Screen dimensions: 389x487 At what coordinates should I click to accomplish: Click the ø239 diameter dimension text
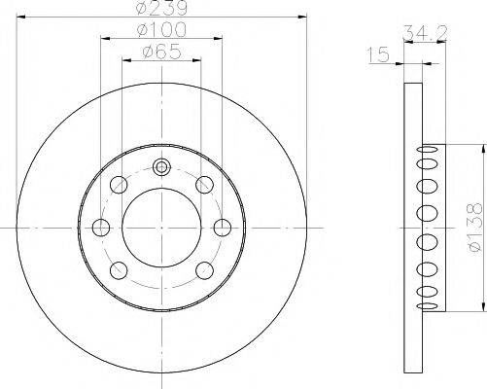[x=161, y=10]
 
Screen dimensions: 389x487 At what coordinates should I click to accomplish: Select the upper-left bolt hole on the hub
[x=120, y=185]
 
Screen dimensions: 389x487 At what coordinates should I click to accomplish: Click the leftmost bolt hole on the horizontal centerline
[x=100, y=228]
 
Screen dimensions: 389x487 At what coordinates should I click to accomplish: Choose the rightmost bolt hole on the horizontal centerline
[x=223, y=228]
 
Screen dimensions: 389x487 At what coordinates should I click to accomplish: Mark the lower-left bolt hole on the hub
[x=120, y=270]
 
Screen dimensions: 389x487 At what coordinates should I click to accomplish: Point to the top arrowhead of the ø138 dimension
[x=480, y=147]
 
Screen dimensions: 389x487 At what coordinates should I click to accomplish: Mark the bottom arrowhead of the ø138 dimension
[x=480, y=308]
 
